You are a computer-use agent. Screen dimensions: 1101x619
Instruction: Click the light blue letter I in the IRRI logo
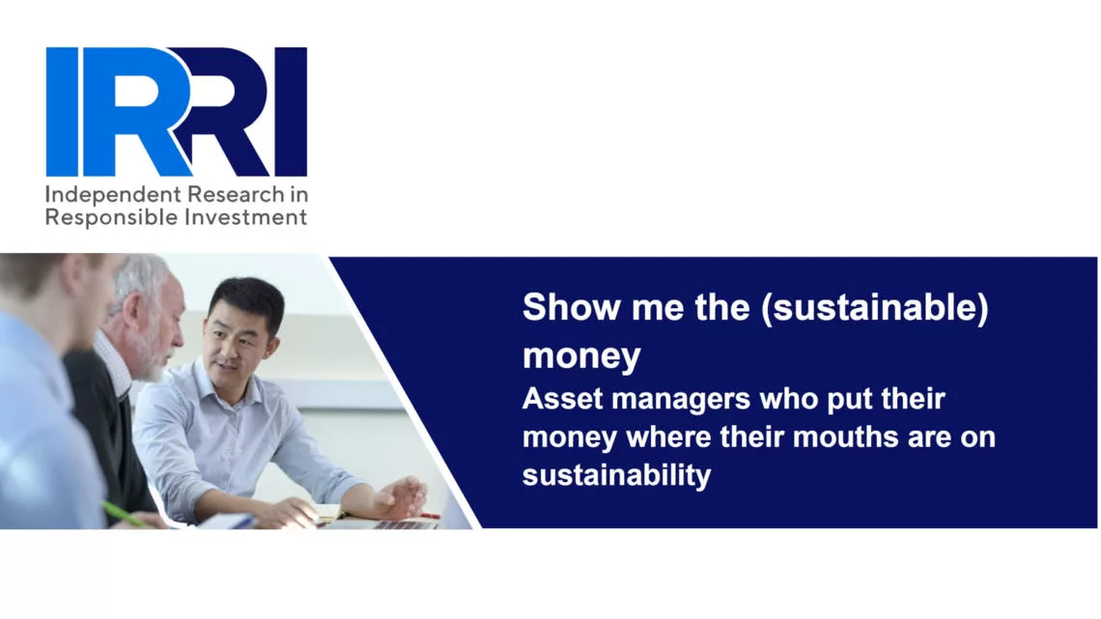click(x=62, y=112)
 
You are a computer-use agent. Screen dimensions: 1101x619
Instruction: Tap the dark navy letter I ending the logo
click(x=291, y=112)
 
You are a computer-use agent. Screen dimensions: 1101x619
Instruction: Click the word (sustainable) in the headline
click(x=875, y=308)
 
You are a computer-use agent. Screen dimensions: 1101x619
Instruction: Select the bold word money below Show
click(x=581, y=356)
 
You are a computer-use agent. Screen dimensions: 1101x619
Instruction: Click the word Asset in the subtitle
click(x=562, y=399)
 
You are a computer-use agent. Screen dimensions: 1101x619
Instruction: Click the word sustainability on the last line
click(x=616, y=475)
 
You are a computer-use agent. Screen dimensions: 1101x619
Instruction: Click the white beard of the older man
click(x=150, y=354)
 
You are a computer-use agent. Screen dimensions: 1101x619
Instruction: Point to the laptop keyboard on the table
click(x=404, y=523)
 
